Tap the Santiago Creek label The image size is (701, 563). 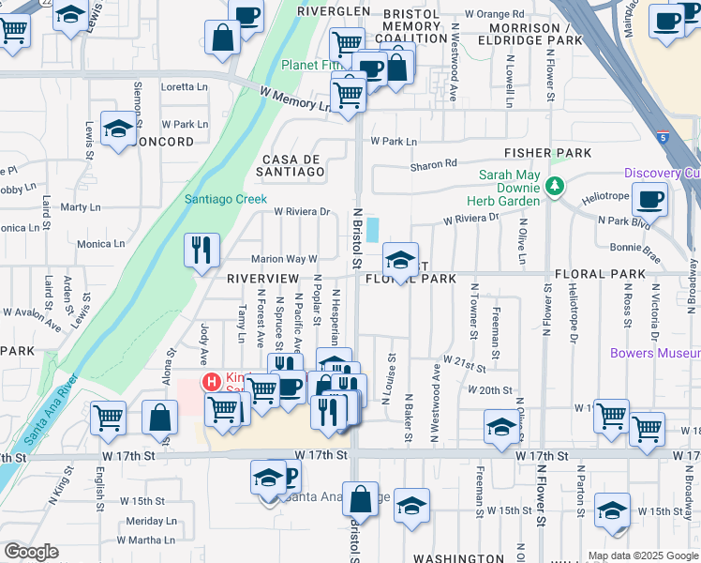(x=226, y=199)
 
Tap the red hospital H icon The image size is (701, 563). (x=212, y=382)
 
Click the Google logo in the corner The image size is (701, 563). (x=31, y=552)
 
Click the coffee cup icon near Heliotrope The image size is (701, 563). (x=649, y=200)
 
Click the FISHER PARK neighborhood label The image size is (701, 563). (x=547, y=152)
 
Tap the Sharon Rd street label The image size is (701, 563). (x=433, y=166)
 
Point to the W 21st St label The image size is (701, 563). (x=466, y=360)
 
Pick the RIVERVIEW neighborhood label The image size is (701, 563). (x=262, y=279)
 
